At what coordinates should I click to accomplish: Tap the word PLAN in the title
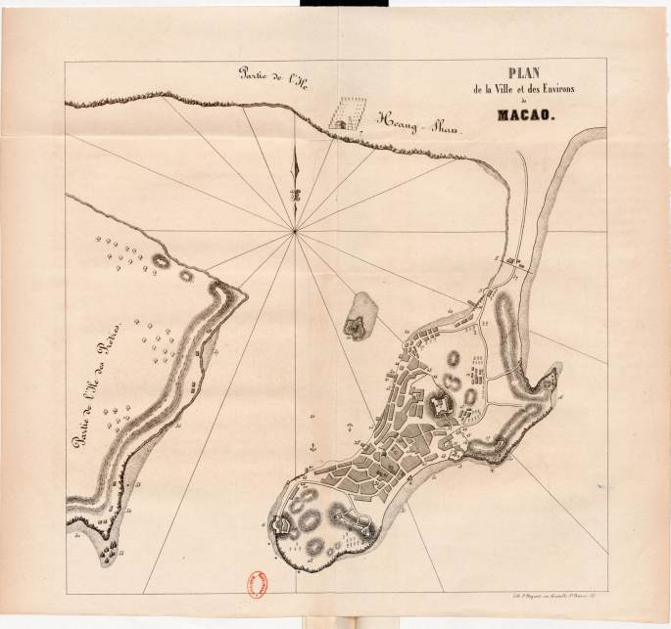527,73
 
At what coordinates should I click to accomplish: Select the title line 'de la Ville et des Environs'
526,91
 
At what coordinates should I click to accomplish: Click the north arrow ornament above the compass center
294,176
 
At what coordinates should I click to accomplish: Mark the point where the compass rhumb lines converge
295,231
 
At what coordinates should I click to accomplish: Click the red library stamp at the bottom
264,581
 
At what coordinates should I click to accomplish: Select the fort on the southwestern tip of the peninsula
281,525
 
